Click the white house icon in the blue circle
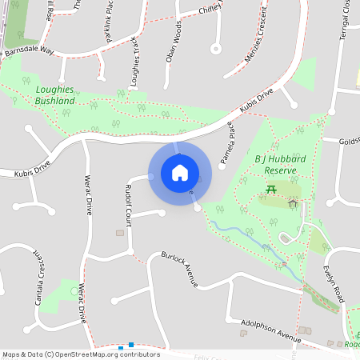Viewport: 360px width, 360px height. (180, 172)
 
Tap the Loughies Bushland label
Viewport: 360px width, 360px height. (55, 96)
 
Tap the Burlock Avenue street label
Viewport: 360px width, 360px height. (179, 269)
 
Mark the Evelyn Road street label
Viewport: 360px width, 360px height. (334, 284)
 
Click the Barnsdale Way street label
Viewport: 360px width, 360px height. (28, 50)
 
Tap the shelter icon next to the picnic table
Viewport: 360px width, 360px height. (293, 204)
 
